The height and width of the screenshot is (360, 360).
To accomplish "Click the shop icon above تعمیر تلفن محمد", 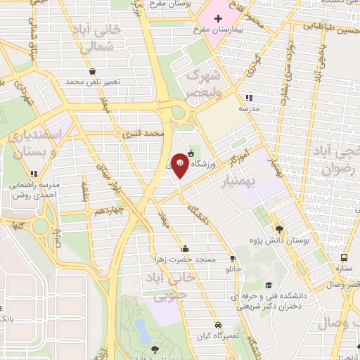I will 93,71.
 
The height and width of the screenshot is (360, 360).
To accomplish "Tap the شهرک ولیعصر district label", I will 204,83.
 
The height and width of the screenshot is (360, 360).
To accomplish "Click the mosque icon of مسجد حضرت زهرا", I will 185,248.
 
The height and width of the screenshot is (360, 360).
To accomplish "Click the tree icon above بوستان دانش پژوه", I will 279,229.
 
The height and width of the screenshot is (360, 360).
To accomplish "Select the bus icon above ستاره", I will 344,257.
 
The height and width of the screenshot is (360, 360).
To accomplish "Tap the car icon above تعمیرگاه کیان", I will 219,325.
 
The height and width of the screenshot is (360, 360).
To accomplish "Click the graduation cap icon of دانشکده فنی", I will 269,285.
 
